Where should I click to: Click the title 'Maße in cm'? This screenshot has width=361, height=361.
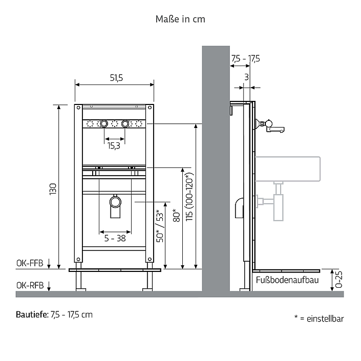point(180,19)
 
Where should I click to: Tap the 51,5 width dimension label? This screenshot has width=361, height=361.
point(116,78)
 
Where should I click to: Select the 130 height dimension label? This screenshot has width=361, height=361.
point(53,189)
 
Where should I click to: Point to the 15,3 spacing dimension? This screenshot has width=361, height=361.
point(114,146)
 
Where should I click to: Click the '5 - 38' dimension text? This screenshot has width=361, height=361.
point(115,238)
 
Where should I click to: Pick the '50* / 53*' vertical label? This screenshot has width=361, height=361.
point(160,226)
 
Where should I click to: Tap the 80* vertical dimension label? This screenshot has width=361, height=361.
point(177,215)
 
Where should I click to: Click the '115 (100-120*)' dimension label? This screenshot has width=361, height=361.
point(189,197)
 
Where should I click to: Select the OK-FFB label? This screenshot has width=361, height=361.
point(30,263)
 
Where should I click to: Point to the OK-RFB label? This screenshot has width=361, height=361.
point(30,286)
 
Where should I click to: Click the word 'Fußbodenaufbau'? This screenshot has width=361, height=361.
point(287,280)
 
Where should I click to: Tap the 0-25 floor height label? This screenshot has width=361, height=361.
point(339,280)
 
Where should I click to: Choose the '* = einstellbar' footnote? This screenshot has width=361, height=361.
point(319,318)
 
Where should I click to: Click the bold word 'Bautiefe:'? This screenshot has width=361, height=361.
point(32,314)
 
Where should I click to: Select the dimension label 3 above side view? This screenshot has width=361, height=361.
point(247,77)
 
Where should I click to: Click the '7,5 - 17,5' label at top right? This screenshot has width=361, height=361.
point(246,59)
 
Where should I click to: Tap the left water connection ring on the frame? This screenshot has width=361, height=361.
point(104,123)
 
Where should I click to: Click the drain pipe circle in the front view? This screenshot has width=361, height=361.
point(115,202)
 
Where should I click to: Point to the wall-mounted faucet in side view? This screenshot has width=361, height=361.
point(270,126)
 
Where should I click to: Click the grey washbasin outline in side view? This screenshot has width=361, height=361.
point(288,169)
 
